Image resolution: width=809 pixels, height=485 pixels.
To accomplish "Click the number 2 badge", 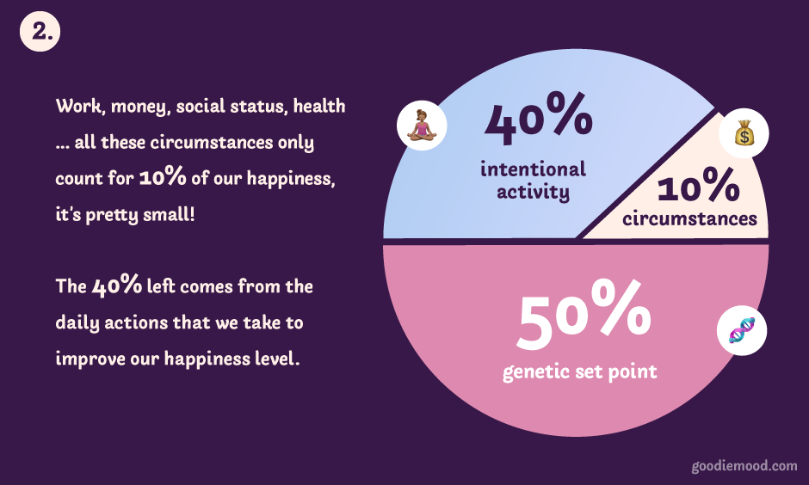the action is tap(40, 32).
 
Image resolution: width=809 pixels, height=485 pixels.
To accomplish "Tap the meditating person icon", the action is tap(422, 126).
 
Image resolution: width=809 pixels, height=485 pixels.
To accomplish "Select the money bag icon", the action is tap(744, 133).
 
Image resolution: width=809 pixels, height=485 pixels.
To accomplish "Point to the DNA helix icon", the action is tap(742, 330).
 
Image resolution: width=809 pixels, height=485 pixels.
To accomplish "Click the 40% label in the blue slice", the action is tap(538, 119).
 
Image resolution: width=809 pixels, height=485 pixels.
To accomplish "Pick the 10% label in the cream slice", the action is tap(698, 185).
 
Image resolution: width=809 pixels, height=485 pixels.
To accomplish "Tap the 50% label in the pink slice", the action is tap(584, 315).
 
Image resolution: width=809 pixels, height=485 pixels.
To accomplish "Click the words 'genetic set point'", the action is tap(580, 371).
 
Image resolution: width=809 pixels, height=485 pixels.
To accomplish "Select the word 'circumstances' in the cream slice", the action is tap(690, 218).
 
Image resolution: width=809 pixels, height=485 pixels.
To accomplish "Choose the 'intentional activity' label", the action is tap(533, 181).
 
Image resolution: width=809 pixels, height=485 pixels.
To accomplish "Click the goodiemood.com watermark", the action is tap(744, 466).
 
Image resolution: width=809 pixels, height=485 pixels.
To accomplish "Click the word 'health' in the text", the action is tap(319, 106).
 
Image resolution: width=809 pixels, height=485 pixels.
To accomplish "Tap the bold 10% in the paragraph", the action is tap(163, 176).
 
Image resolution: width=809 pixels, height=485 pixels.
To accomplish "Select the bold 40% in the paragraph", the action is tap(116, 285).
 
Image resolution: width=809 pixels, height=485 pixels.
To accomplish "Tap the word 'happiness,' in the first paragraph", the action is tap(291, 179).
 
